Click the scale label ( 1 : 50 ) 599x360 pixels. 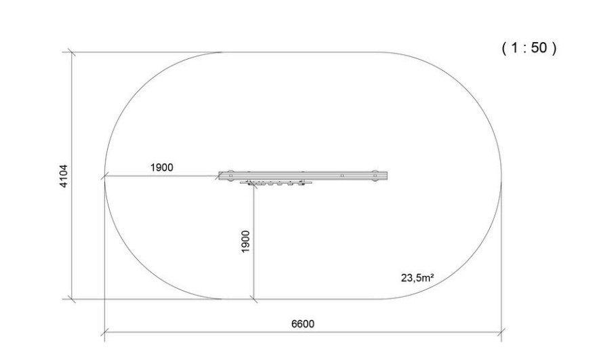(x=529, y=47)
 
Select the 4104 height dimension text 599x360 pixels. (x=64, y=176)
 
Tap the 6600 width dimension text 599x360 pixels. (x=303, y=324)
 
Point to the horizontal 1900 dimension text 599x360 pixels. (x=161, y=167)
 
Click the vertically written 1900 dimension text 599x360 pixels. (x=245, y=241)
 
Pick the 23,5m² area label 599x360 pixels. (x=417, y=277)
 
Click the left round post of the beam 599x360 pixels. (x=230, y=176)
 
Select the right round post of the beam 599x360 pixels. (x=375, y=176)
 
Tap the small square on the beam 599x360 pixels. (x=342, y=176)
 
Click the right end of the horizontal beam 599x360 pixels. (x=387, y=176)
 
